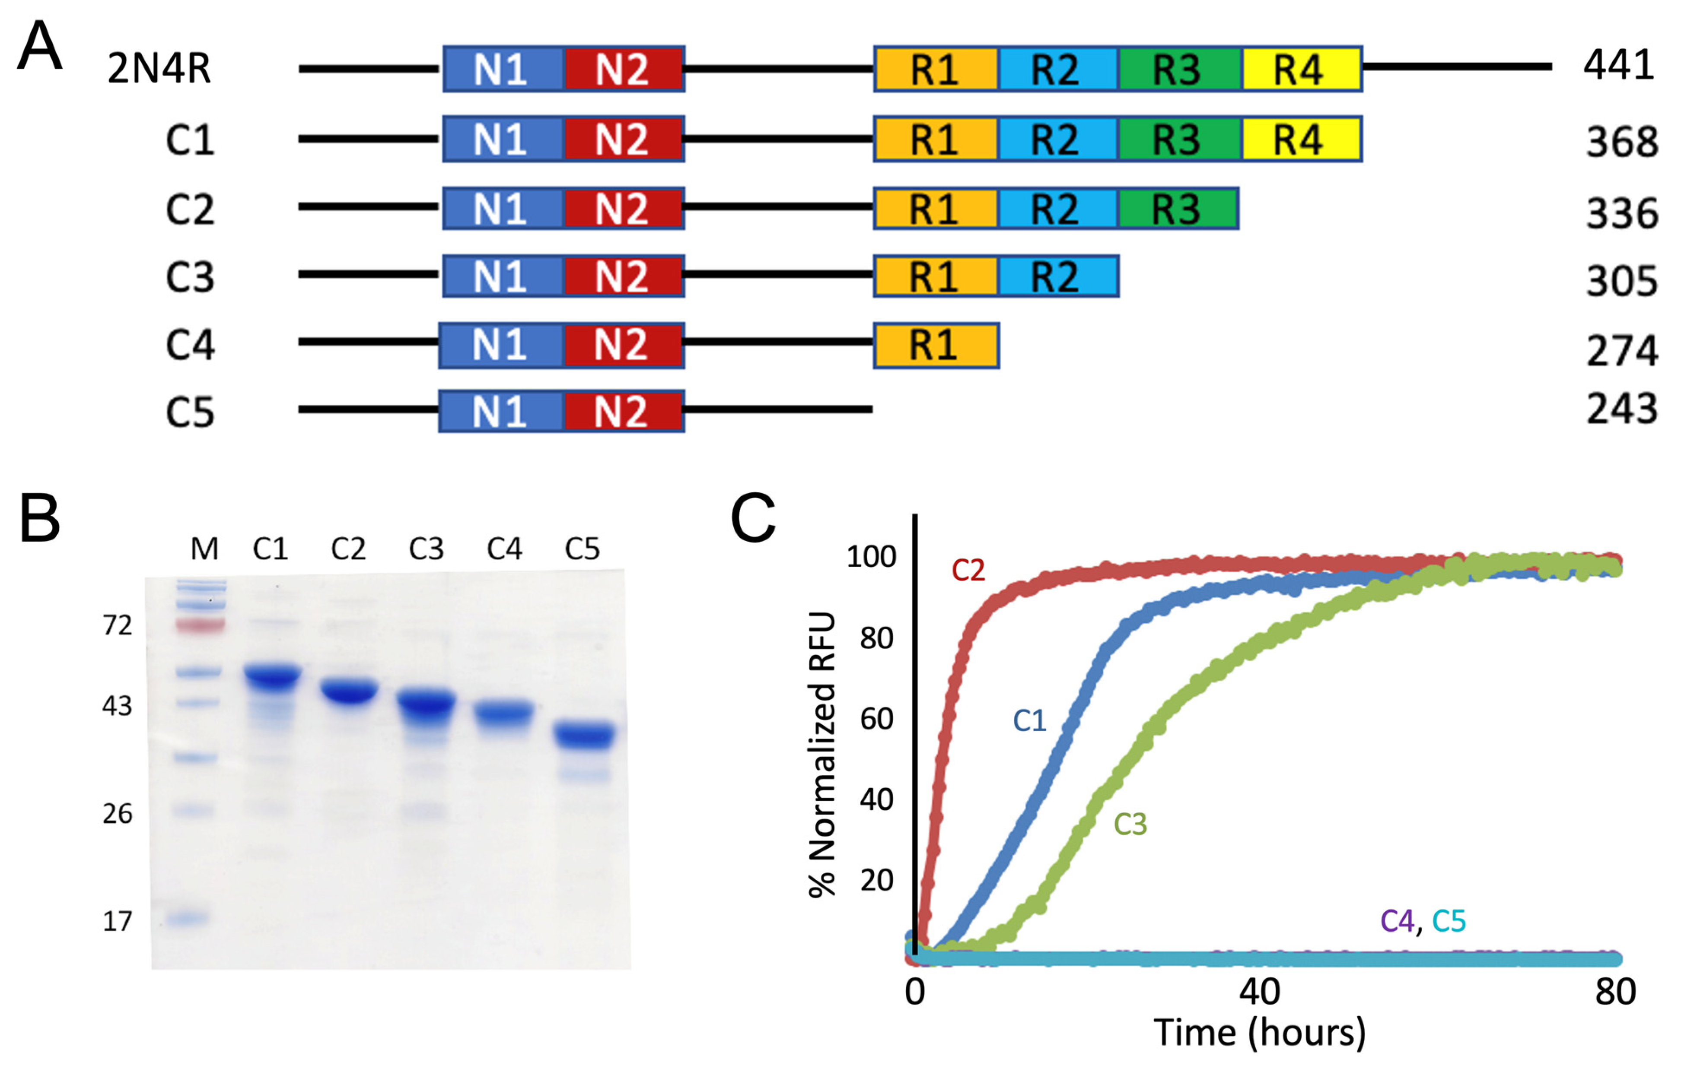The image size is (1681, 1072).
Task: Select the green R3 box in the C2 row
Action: [1178, 208]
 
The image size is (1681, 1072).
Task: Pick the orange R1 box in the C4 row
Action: [936, 345]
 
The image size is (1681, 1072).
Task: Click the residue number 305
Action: [1621, 281]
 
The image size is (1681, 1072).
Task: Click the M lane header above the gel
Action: [204, 549]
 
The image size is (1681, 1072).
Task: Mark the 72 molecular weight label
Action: [117, 625]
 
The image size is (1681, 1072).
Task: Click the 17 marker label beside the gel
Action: [117, 921]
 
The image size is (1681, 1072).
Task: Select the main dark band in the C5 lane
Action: [585, 736]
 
